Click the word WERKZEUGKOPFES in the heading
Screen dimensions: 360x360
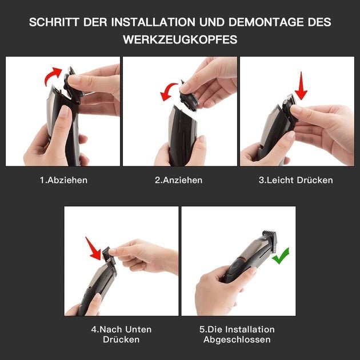pyautogui.click(x=180, y=39)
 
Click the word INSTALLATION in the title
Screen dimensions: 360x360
pyautogui.click(x=153, y=22)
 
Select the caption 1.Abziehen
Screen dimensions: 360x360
pyautogui.click(x=63, y=180)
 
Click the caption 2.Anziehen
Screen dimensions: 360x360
pyautogui.click(x=179, y=180)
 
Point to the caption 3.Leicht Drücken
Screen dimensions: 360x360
pyautogui.click(x=296, y=180)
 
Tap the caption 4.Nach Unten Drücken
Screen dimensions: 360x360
pyautogui.click(x=121, y=334)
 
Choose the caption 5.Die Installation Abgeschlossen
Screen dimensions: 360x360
pyautogui.click(x=237, y=334)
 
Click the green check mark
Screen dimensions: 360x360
pyautogui.click(x=281, y=255)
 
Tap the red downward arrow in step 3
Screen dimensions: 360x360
pyautogui.click(x=301, y=86)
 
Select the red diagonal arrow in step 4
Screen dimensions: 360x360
pyautogui.click(x=94, y=249)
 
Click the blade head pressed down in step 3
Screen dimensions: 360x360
pyautogui.click(x=289, y=108)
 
